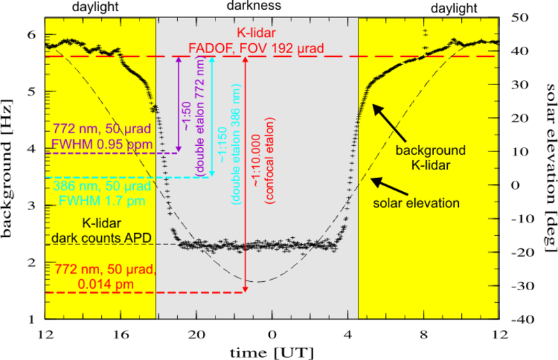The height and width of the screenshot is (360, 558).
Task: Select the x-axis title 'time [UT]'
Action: [273, 349]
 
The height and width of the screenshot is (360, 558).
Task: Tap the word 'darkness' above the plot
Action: [255, 6]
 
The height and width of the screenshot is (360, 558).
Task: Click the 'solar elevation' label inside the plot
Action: [423, 204]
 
